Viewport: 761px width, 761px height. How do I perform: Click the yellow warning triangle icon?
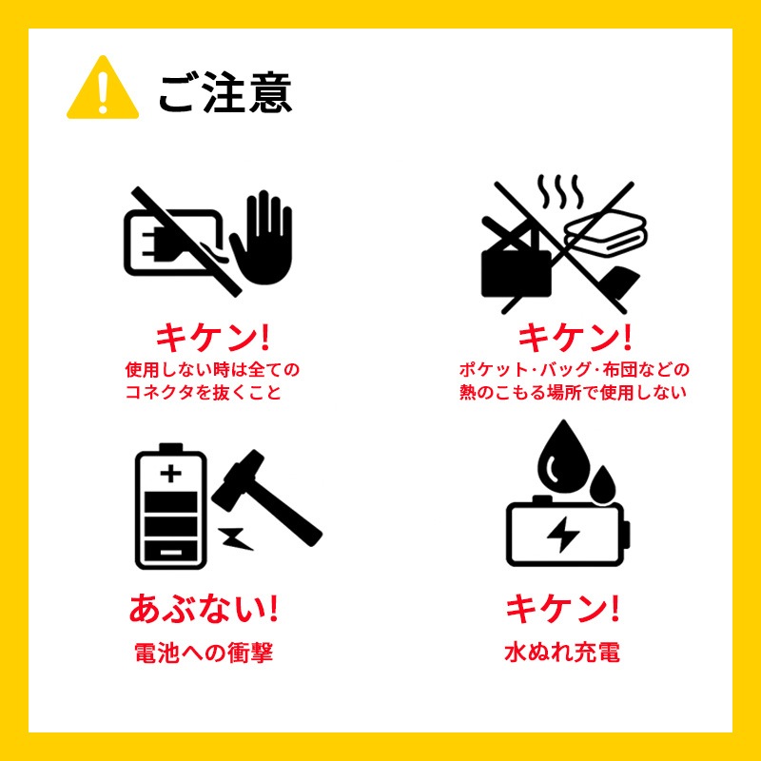pos(103,88)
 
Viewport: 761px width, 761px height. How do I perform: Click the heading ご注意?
pos(225,92)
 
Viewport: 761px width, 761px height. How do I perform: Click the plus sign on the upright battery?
pos(171,473)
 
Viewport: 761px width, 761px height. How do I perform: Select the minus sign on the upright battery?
pos(171,553)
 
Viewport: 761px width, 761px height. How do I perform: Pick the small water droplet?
pos(603,483)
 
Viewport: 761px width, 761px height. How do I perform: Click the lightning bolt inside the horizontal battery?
pos(563,535)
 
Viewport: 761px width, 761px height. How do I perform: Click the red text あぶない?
pos(204,608)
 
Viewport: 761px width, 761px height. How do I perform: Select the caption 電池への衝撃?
pos(204,653)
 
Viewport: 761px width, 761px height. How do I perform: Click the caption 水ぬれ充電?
pos(562,653)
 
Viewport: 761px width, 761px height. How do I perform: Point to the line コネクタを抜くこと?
pos(204,392)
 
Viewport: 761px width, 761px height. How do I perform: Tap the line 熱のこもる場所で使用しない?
pos(574,392)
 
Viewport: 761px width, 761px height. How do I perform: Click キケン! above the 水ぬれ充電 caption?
pos(563,608)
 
